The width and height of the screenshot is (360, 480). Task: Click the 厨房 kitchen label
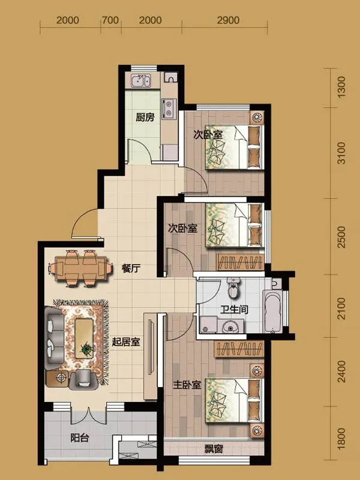coord(145,117)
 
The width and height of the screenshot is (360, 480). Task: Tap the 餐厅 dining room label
coord(131,269)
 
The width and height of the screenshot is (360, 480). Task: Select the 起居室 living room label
coord(125,342)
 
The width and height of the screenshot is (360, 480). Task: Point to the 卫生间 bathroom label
coord(234,310)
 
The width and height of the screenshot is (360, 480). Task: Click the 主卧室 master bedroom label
coord(187,385)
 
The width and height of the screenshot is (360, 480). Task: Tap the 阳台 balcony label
coord(80,438)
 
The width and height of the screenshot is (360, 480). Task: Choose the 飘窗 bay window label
coord(214,449)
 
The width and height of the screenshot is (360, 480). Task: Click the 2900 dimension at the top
coord(228,20)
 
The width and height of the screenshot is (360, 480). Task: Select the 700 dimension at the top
coord(110,20)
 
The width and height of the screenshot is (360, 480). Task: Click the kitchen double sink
coord(141,82)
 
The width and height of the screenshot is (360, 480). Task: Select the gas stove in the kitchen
coord(169,109)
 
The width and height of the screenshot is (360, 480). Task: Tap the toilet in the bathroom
coord(234,288)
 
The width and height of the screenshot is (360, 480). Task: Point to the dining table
coord(80,268)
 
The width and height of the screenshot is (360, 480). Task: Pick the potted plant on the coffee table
coord(86,348)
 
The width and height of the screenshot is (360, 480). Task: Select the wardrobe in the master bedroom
coord(239,349)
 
